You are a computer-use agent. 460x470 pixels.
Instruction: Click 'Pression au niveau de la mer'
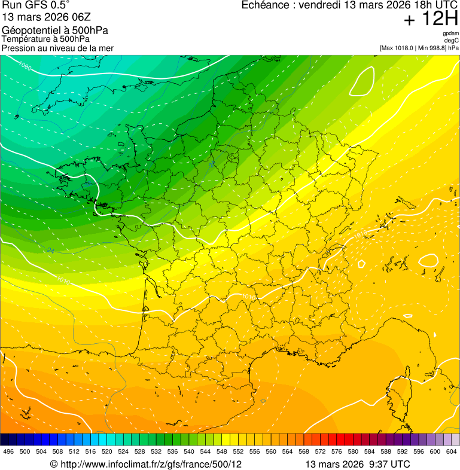point(57,48)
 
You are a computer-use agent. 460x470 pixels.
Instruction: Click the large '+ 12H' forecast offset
point(431,20)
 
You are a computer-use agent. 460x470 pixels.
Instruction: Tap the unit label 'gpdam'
point(450,33)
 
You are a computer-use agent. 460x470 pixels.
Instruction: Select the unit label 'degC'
point(452,41)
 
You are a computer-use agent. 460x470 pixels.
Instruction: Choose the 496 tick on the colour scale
point(8,451)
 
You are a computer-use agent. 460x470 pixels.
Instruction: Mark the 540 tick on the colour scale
point(189,451)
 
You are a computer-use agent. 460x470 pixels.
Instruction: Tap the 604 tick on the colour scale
point(452,451)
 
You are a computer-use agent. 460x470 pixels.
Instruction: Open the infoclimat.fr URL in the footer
point(146,464)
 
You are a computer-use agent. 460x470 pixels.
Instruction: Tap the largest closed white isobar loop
point(363,81)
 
